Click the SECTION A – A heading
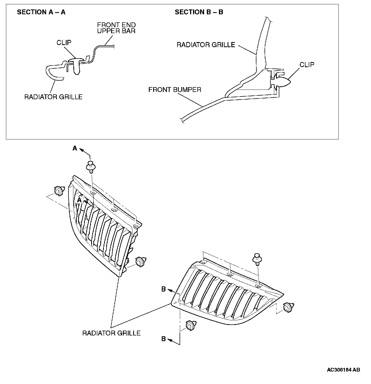(x=41, y=12)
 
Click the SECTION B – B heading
(x=199, y=12)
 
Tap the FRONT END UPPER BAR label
(x=116, y=28)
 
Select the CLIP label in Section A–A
(x=64, y=43)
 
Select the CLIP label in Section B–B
(x=307, y=65)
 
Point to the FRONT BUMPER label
(x=175, y=90)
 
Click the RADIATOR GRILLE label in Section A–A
(x=53, y=97)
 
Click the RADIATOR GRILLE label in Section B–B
(x=206, y=45)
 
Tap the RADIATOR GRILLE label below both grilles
(x=111, y=333)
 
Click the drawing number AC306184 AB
(x=343, y=370)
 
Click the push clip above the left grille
(x=91, y=166)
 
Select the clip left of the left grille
(x=59, y=191)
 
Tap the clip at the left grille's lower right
(x=140, y=262)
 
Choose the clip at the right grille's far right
(x=288, y=307)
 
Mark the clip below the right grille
(x=191, y=325)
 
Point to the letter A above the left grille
(x=75, y=148)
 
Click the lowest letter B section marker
(x=163, y=339)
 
